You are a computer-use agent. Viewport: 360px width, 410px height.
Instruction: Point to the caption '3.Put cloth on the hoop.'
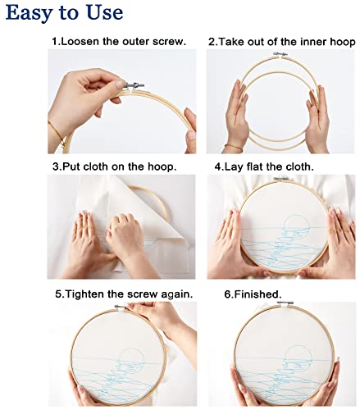(115, 166)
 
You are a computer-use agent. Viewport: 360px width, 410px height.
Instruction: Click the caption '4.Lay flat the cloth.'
(262, 166)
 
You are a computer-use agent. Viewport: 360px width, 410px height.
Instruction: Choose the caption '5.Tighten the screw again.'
(123, 294)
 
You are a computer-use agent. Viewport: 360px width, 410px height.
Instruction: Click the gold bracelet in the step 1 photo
(55, 131)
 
